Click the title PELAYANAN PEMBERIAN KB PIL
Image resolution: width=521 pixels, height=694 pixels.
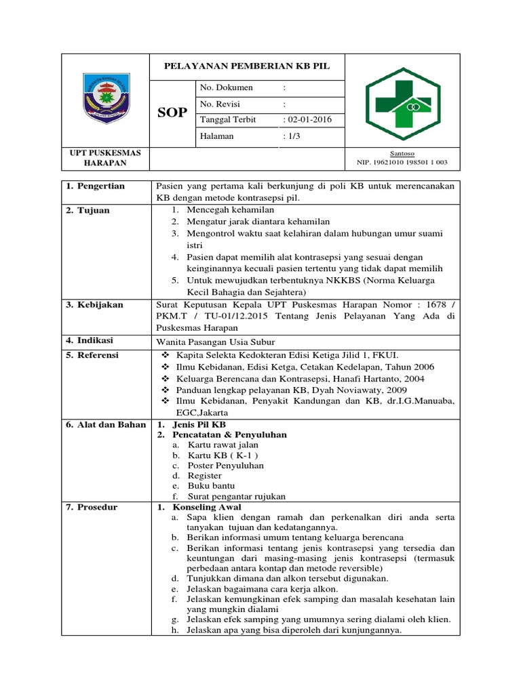pyautogui.click(x=247, y=67)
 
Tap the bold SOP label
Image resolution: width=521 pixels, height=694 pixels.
pyautogui.click(x=172, y=113)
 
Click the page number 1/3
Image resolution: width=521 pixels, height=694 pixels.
pyautogui.click(x=292, y=136)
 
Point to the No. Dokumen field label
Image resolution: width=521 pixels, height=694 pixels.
pyautogui.click(x=227, y=88)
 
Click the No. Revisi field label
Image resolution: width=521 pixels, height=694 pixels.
pyautogui.click(x=220, y=104)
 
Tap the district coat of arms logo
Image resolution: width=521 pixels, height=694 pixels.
pyautogui.click(x=105, y=97)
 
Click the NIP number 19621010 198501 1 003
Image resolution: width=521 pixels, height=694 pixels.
pyautogui.click(x=402, y=163)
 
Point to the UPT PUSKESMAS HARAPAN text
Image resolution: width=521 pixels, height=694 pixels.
pyautogui.click(x=105, y=158)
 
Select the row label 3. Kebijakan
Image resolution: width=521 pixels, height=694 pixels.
pyautogui.click(x=95, y=305)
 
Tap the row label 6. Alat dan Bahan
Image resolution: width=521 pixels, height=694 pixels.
pyautogui.click(x=105, y=425)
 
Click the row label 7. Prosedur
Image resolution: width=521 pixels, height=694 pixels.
pyautogui.click(x=92, y=508)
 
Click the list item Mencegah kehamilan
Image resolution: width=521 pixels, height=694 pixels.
pyautogui.click(x=227, y=210)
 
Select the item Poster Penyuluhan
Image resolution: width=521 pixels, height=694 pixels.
pyautogui.click(x=226, y=466)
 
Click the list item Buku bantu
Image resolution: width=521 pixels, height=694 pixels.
pyautogui.click(x=212, y=486)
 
